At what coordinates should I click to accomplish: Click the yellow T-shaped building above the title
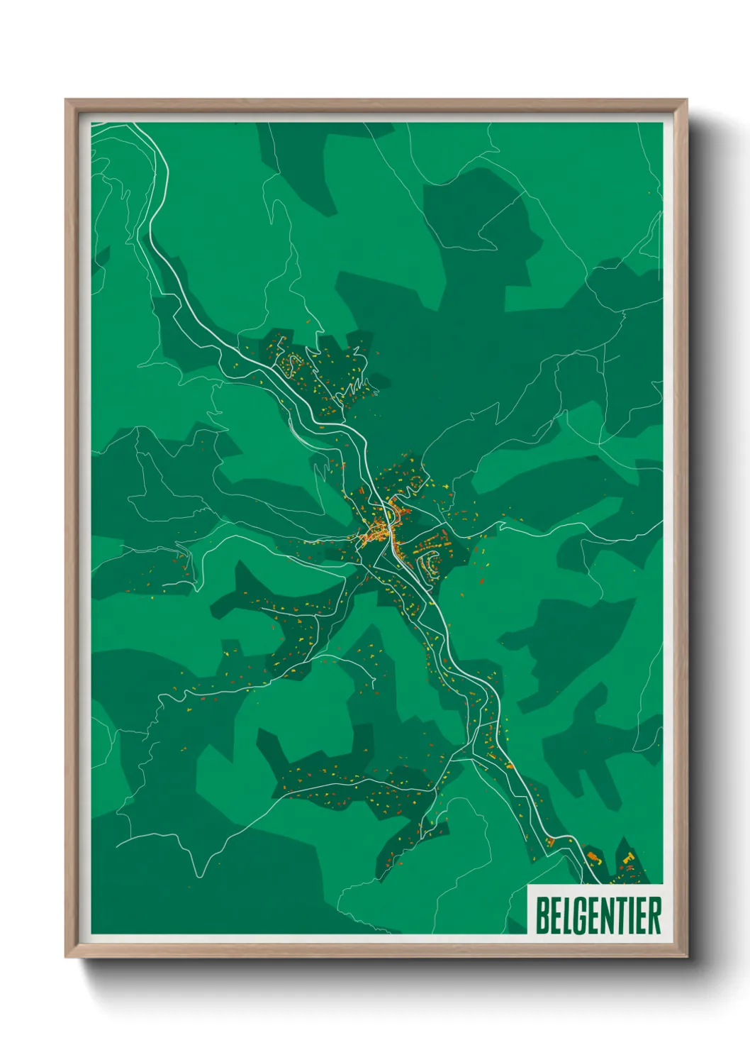pos(628,859)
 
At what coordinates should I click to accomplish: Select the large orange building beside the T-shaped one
pos(593,859)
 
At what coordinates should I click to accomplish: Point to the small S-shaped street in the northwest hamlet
pos(290,365)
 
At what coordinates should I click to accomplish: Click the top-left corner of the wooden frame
pos(67,101)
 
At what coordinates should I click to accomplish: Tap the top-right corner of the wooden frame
pos(685,101)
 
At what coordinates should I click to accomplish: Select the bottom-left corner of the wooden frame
pos(67,956)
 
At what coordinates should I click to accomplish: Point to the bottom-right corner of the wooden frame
pos(685,956)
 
